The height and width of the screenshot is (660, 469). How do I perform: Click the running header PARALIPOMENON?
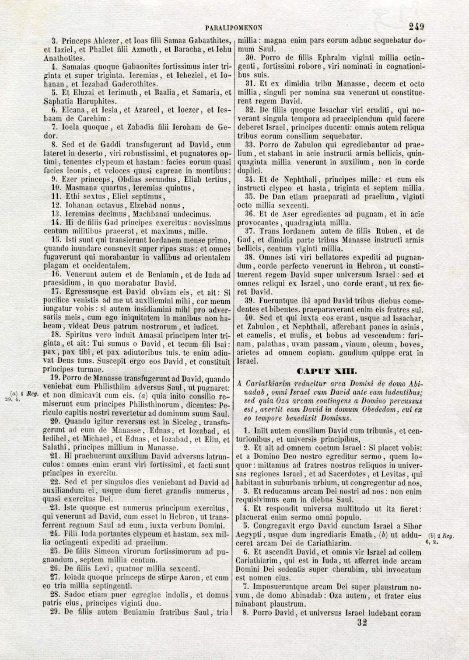pos(234,28)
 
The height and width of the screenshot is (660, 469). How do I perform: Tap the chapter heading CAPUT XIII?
pos(327,372)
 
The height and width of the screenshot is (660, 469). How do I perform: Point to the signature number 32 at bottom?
pos(362,622)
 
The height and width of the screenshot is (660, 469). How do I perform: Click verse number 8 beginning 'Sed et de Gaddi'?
pos(54,145)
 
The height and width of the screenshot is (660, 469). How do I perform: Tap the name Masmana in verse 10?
pos(80,188)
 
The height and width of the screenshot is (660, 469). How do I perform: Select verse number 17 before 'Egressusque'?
pos(56,292)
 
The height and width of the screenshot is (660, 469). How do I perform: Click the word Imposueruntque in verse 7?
pos(280,587)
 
